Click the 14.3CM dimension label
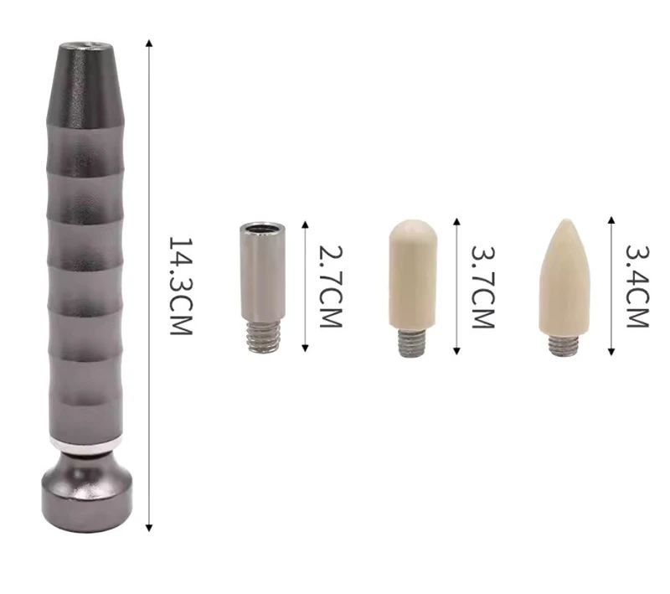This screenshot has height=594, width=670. click(181, 286)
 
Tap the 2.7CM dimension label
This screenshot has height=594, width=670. click(331, 287)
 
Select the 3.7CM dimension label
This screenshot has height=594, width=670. click(483, 287)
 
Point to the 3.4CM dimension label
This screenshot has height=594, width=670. click(637, 287)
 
